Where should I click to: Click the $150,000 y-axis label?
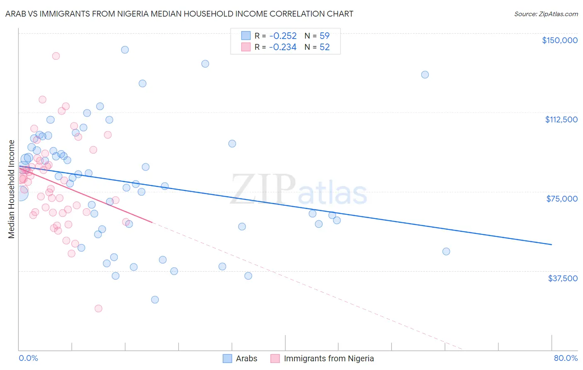click(559, 40)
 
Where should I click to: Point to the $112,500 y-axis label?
click(561, 119)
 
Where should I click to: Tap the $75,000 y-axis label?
click(562, 199)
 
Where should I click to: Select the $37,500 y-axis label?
click(562, 278)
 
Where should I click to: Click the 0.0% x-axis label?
click(28, 358)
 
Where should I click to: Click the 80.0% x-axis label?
click(566, 358)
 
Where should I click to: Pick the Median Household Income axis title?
click(11, 189)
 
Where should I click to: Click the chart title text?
click(179, 14)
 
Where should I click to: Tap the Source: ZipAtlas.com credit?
click(546, 14)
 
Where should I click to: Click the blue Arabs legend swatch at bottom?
click(227, 358)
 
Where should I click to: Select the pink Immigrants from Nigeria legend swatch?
click(275, 358)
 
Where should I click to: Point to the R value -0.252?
click(282, 36)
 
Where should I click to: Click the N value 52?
click(324, 47)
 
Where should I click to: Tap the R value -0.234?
click(282, 47)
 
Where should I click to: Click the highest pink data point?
click(56, 56)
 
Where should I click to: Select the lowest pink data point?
click(98, 308)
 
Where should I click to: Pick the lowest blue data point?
click(155, 299)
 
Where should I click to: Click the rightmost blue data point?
click(446, 251)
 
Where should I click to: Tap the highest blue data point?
click(125, 50)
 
